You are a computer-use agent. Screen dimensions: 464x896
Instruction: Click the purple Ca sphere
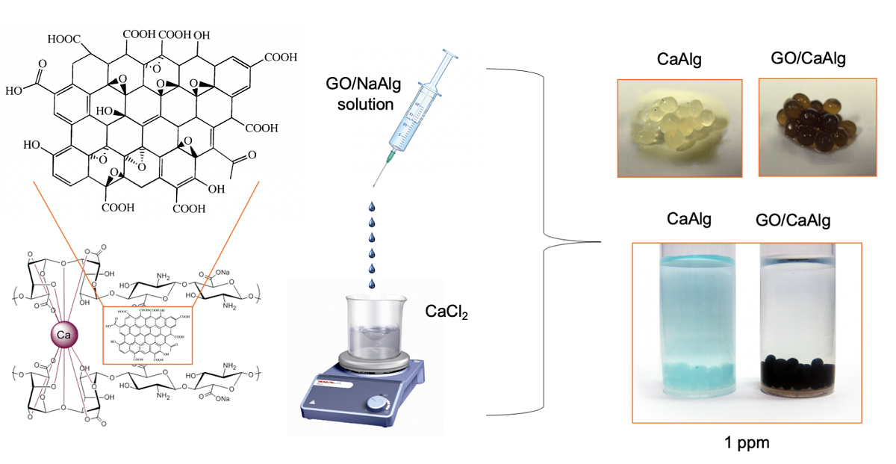(x=63, y=337)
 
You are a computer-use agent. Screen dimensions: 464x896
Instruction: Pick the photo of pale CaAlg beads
(x=679, y=127)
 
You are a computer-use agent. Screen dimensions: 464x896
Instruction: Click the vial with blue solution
(x=694, y=321)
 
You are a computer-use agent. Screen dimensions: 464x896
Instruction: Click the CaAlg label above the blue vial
(x=690, y=219)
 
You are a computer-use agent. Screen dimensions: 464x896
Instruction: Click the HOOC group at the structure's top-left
(x=64, y=38)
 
